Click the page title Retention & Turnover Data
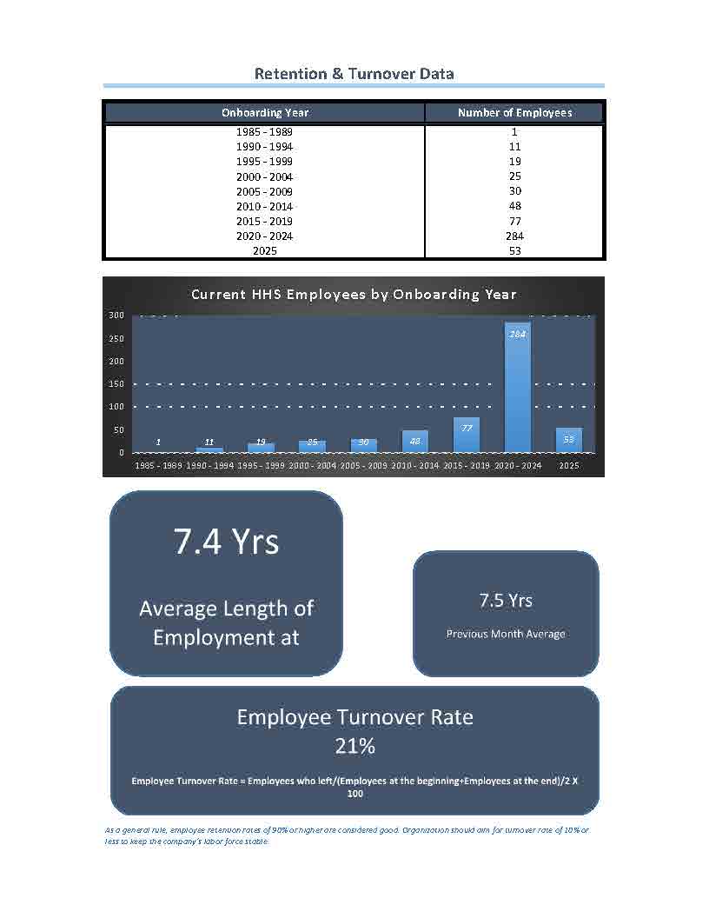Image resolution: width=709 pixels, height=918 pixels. pos(354,74)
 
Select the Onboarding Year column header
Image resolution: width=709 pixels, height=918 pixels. pos(265,112)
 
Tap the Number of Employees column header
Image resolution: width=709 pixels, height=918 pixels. pos(514,112)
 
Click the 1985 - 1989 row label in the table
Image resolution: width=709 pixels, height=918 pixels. pos(265,132)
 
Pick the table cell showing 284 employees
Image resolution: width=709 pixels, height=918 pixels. pos(514,236)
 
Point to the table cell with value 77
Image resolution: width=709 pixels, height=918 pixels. pos(514,221)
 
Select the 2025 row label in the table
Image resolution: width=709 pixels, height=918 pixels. pos(265,250)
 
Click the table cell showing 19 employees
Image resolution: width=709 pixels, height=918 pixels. pos(514,162)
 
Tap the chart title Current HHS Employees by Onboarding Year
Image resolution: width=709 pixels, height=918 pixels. pos(354,294)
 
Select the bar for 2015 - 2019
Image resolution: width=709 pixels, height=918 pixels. pos(467,436)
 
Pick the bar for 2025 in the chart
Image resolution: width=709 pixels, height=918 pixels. pos(569,441)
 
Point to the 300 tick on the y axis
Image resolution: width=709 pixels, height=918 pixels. pos(116,315)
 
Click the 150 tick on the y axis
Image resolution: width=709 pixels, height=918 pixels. pos(116,384)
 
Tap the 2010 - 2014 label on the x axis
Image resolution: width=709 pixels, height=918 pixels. pos(415,466)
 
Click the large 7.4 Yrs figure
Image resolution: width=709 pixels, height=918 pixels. pos(226,541)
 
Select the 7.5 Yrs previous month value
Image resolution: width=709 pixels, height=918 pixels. pos(506,600)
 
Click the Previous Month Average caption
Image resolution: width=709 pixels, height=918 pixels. pos(506,634)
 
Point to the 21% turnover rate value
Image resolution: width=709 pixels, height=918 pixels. pos(354,746)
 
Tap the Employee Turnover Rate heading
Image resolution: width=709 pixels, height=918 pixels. pos(354,717)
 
